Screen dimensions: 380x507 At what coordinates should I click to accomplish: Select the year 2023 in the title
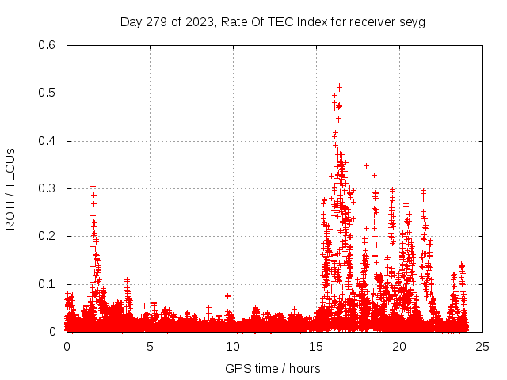click(x=196, y=22)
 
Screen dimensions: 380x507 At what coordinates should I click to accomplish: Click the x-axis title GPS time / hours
click(x=273, y=368)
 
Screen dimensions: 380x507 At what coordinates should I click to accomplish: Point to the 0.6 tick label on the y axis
click(x=49, y=45)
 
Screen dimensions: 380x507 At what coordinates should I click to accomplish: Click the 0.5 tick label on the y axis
click(x=49, y=93)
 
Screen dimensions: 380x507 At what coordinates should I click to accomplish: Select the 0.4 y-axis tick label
click(x=49, y=141)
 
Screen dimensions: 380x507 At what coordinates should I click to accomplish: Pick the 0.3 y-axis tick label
click(x=49, y=188)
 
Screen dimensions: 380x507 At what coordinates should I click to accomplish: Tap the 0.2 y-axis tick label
click(x=49, y=236)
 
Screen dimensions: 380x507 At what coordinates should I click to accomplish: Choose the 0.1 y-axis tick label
click(x=49, y=284)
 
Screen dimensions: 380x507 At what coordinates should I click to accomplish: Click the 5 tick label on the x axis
click(x=150, y=346)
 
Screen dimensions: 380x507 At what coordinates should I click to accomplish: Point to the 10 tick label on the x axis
click(x=233, y=346)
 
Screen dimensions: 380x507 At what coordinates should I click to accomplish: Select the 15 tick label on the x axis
click(x=316, y=346)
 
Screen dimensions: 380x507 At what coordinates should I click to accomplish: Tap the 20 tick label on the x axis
click(x=399, y=346)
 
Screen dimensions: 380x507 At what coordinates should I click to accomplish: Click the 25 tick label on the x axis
click(x=482, y=346)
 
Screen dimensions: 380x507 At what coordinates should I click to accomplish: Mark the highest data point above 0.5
click(x=339, y=85)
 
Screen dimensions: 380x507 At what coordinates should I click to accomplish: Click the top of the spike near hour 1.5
click(x=93, y=187)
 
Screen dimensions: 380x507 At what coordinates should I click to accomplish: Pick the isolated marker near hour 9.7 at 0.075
click(x=227, y=295)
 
